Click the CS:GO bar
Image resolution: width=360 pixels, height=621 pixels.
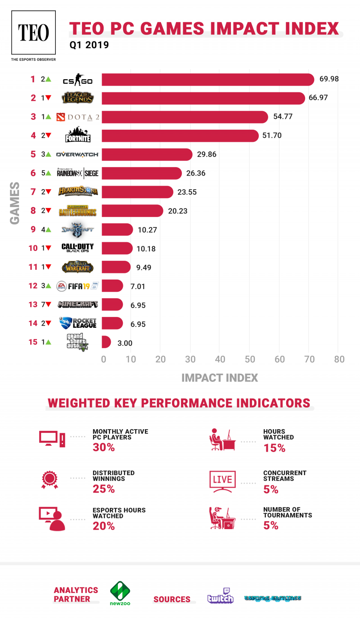[x=207, y=80]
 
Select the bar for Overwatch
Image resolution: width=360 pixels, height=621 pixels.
[x=147, y=154]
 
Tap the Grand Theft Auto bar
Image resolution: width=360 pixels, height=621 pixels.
[x=106, y=342]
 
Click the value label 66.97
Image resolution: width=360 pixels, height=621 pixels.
[x=318, y=98]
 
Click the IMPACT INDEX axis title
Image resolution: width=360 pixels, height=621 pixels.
[x=220, y=378]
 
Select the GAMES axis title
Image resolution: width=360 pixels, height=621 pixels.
[x=15, y=203]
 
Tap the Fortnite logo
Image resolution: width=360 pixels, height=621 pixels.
[x=78, y=136]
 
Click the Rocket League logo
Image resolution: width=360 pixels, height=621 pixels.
[x=77, y=323]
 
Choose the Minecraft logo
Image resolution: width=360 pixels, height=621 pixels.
[x=78, y=305]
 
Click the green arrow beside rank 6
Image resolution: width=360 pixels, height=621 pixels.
[x=48, y=173]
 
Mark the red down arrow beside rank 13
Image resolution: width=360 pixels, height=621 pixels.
[x=48, y=305]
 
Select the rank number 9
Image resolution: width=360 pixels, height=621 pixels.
[x=33, y=230]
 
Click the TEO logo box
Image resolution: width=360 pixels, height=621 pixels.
[x=34, y=33]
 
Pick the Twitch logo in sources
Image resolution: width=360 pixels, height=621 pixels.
[x=220, y=595]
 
